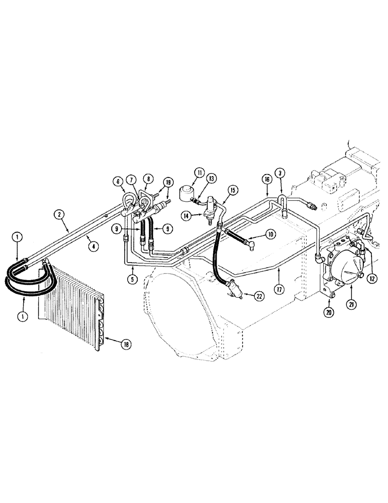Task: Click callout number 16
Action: (266, 178)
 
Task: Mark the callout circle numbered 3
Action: (281, 173)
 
